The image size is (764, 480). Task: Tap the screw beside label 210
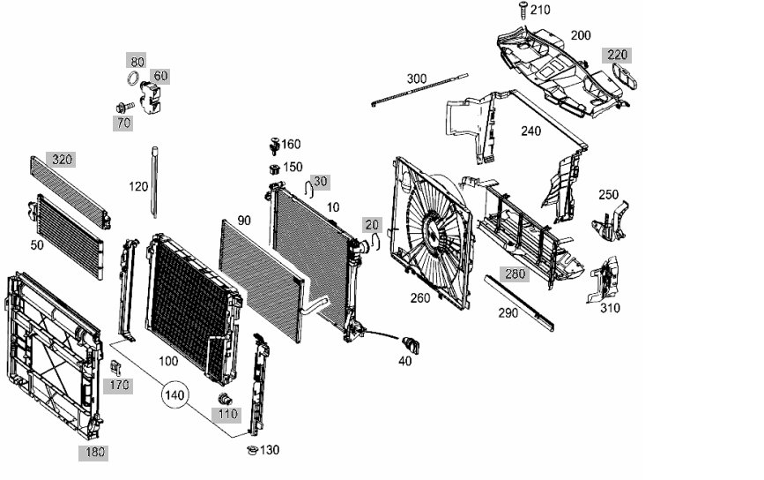pyautogui.click(x=523, y=10)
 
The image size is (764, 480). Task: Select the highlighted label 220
pyautogui.click(x=617, y=55)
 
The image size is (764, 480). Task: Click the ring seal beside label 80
pyautogui.click(x=132, y=78)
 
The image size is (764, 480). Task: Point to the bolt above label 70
pyautogui.click(x=125, y=107)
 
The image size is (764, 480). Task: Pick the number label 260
pyautogui.click(x=420, y=298)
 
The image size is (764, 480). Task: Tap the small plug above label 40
pyautogui.click(x=411, y=343)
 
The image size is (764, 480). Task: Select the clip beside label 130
pyautogui.click(x=252, y=450)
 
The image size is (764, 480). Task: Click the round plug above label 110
pyautogui.click(x=224, y=399)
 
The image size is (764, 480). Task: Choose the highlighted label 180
pyautogui.click(x=94, y=453)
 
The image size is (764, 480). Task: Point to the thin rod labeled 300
pyautogui.click(x=419, y=89)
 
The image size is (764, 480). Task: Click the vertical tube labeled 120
pyautogui.click(x=154, y=182)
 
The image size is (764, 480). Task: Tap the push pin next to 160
pyautogui.click(x=274, y=146)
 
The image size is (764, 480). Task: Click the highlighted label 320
pyautogui.click(x=61, y=160)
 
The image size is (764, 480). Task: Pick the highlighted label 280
pyautogui.click(x=515, y=274)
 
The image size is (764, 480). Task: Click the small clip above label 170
pyautogui.click(x=115, y=368)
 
